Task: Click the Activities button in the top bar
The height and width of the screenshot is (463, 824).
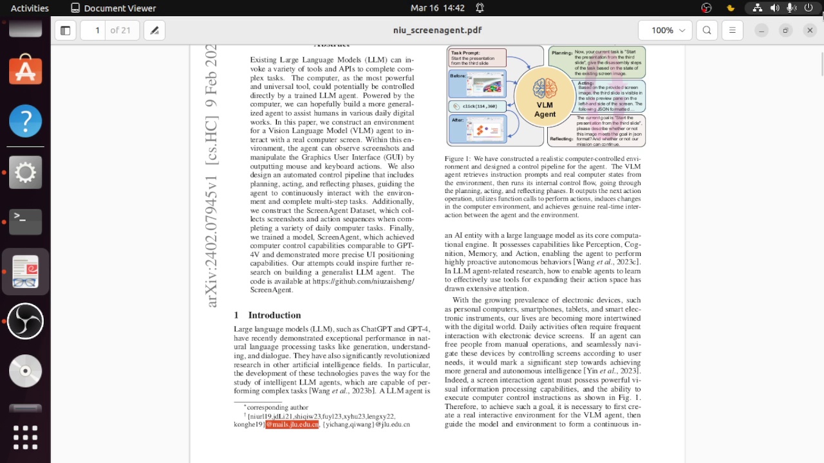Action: pyautogui.click(x=30, y=8)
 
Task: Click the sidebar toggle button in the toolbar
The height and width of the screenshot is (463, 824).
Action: pyautogui.click(x=65, y=30)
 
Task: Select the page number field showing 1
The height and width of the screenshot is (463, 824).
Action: pyautogui.click(x=97, y=30)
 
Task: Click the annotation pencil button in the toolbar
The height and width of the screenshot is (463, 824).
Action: pyautogui.click(x=154, y=30)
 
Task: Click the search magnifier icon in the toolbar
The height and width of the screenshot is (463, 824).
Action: pyautogui.click(x=707, y=30)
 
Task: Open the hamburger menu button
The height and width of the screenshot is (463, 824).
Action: pyautogui.click(x=732, y=30)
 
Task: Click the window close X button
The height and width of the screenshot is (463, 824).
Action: pyautogui.click(x=810, y=30)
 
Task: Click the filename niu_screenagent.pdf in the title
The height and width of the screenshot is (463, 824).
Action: pyautogui.click(x=437, y=30)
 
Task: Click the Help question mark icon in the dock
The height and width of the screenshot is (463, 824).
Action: pyautogui.click(x=26, y=121)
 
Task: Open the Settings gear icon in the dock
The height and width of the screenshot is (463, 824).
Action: pyautogui.click(x=26, y=172)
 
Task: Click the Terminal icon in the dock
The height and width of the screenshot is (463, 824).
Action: pyautogui.click(x=26, y=221)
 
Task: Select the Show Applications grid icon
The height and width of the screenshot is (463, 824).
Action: pyautogui.click(x=26, y=437)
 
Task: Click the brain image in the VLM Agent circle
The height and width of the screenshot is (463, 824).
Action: pyautogui.click(x=545, y=89)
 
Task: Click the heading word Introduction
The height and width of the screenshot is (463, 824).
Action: pyautogui.click(x=274, y=315)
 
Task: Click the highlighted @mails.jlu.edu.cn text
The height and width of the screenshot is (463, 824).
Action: pyautogui.click(x=292, y=424)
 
